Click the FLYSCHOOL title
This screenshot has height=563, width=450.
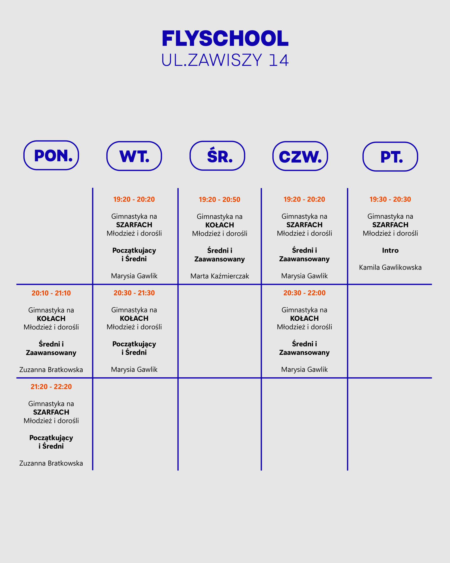(225, 38)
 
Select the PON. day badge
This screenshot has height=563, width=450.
(51, 155)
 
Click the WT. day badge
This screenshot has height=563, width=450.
(134, 156)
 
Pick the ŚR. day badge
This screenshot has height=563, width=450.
(217, 156)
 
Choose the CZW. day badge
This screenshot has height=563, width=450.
(300, 156)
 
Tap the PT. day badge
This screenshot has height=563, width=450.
(390, 157)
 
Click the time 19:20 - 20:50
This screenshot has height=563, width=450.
(219, 200)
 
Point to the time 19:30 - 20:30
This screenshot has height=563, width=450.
(390, 199)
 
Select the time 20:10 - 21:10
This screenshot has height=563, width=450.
(51, 293)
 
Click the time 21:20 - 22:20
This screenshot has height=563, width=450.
(51, 387)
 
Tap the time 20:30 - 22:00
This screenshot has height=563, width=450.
(305, 293)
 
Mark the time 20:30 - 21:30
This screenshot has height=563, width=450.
(134, 293)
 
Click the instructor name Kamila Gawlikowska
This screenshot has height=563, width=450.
(390, 267)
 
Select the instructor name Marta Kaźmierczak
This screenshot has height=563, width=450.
(220, 276)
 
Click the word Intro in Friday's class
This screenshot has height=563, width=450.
(390, 250)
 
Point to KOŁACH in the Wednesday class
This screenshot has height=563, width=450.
(220, 225)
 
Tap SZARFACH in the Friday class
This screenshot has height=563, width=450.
(390, 225)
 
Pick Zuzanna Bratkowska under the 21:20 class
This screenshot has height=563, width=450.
(51, 463)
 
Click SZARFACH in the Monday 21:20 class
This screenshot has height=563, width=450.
(51, 412)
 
